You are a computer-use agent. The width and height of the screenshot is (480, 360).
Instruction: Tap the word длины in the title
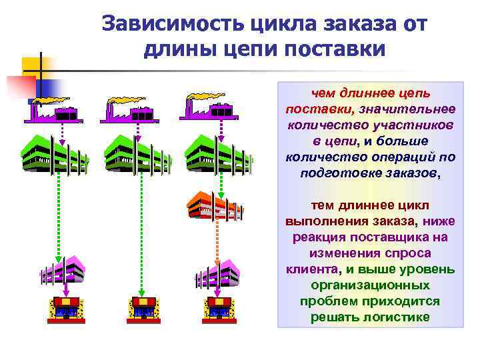(175, 49)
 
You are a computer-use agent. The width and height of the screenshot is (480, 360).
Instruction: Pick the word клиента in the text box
(310, 269)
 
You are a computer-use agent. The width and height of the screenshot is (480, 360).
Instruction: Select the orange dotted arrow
(217, 240)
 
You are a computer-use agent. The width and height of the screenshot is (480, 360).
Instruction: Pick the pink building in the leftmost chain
(63, 270)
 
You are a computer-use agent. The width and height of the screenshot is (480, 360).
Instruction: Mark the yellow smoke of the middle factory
(127, 98)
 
